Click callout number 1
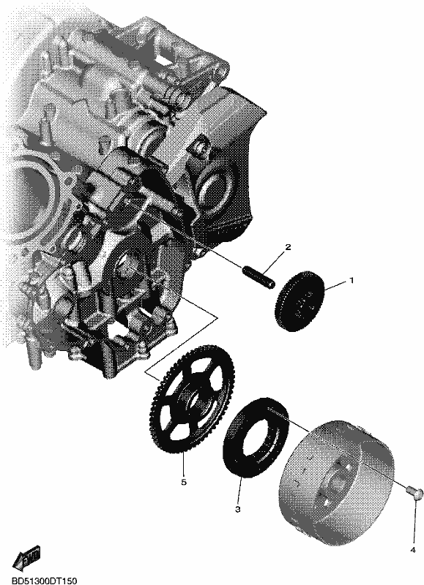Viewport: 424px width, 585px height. point(351,280)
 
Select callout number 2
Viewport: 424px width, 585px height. point(288,247)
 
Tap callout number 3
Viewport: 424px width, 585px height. point(237,509)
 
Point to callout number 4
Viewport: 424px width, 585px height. point(413,560)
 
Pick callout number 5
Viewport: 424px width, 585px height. point(183,483)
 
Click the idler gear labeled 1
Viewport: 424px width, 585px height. point(300,300)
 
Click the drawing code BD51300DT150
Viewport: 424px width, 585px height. point(39,581)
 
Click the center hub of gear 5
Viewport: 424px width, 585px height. point(192,399)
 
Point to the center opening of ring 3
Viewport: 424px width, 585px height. point(256,437)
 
